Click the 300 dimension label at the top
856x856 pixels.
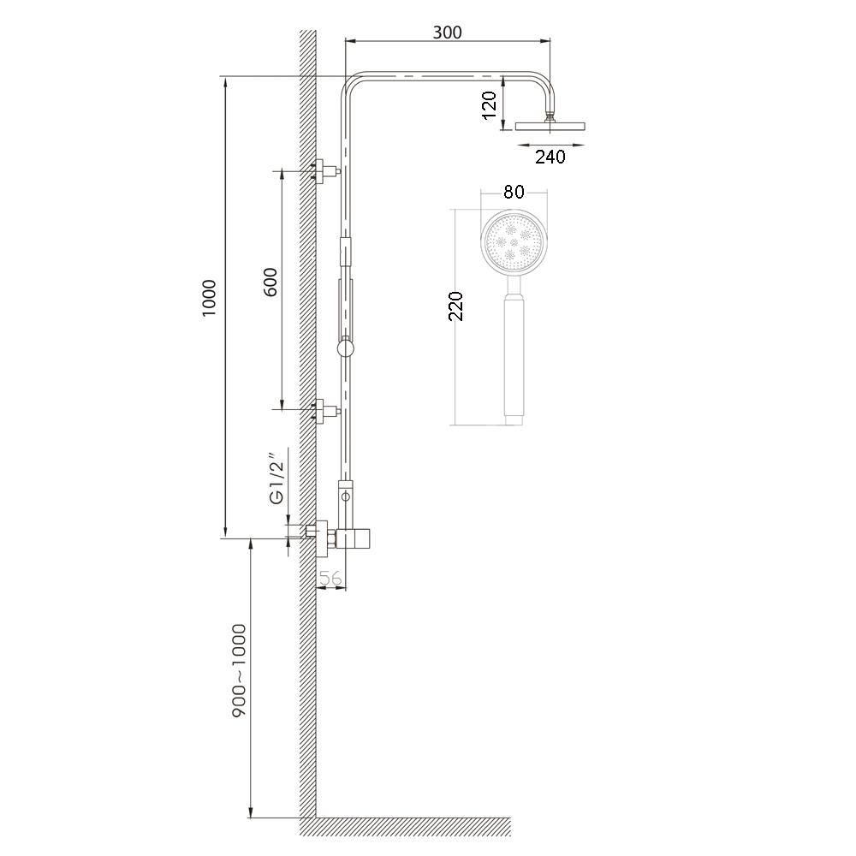[x=447, y=33]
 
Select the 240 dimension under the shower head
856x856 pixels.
[x=550, y=157]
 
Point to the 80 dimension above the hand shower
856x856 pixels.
[x=514, y=192]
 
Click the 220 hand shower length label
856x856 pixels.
[x=456, y=306]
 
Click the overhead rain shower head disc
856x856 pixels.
[x=550, y=127]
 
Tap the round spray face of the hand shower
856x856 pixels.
[x=514, y=241]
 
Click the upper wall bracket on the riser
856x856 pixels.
[x=324, y=171]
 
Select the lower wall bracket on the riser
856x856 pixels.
[x=324, y=411]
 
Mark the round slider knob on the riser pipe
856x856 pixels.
[x=345, y=348]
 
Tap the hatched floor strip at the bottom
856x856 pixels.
[x=411, y=827]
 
